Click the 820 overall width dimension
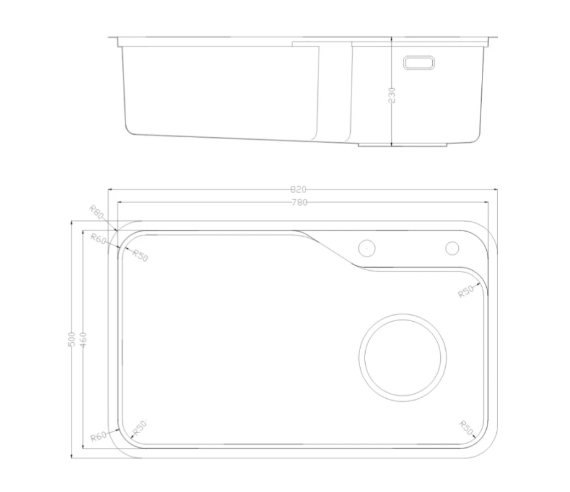299,189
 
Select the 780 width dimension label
299,202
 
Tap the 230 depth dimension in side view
392,95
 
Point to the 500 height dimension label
71,339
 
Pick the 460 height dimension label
83,340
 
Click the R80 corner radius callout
97,212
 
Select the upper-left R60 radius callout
98,239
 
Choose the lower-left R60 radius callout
98,436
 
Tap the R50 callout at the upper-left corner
140,255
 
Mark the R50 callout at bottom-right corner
466,428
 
